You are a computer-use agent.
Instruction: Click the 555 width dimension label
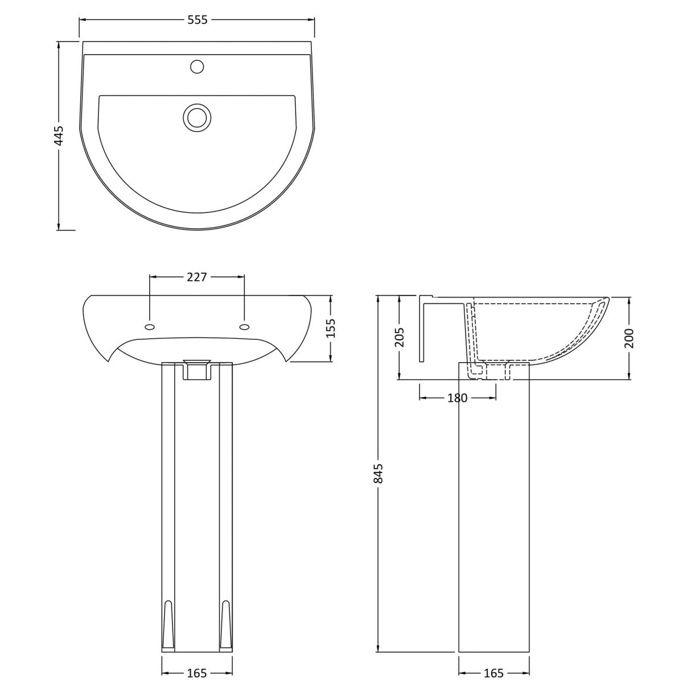[197, 20]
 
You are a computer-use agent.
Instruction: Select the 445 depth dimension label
[59, 135]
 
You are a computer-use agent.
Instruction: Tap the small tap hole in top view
[197, 67]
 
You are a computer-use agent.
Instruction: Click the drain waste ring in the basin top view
[197, 117]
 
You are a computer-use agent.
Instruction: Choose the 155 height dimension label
[331, 328]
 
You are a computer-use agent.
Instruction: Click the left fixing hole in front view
[150, 327]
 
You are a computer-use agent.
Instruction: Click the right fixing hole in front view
[245, 327]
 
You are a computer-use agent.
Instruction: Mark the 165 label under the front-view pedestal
[197, 673]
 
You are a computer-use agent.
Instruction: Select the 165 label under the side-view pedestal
[493, 673]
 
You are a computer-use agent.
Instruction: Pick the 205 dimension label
[399, 337]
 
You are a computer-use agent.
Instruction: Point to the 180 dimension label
[457, 398]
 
